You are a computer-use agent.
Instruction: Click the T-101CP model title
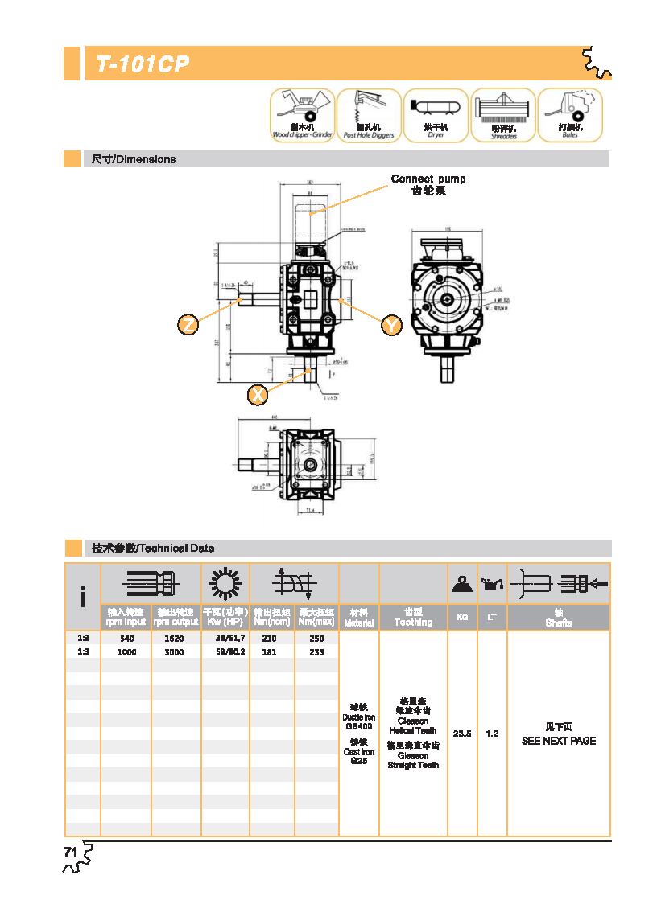(x=143, y=65)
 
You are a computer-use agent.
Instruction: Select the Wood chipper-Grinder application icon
(x=302, y=115)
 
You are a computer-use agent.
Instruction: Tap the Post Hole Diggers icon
(x=369, y=115)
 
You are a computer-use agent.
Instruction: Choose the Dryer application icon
(x=436, y=115)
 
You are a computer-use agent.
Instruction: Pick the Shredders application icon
(x=503, y=115)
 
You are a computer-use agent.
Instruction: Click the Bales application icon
(x=570, y=115)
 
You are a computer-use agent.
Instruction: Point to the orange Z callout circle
(x=188, y=325)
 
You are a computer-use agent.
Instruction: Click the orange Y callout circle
(x=391, y=325)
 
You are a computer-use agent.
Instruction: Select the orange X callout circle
(x=258, y=395)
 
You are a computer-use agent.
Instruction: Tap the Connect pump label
(x=428, y=179)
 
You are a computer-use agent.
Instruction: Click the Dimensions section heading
(x=133, y=159)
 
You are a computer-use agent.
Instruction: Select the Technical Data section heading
(x=153, y=549)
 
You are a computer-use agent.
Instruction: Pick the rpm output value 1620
(x=174, y=639)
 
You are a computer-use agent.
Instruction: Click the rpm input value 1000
(x=126, y=652)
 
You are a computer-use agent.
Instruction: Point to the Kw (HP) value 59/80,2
(x=229, y=652)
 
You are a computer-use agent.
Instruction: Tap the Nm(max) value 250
(x=316, y=639)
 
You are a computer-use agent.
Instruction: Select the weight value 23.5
(x=462, y=734)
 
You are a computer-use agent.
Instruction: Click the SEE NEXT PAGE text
(x=559, y=741)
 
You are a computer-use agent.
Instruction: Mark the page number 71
(x=70, y=852)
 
